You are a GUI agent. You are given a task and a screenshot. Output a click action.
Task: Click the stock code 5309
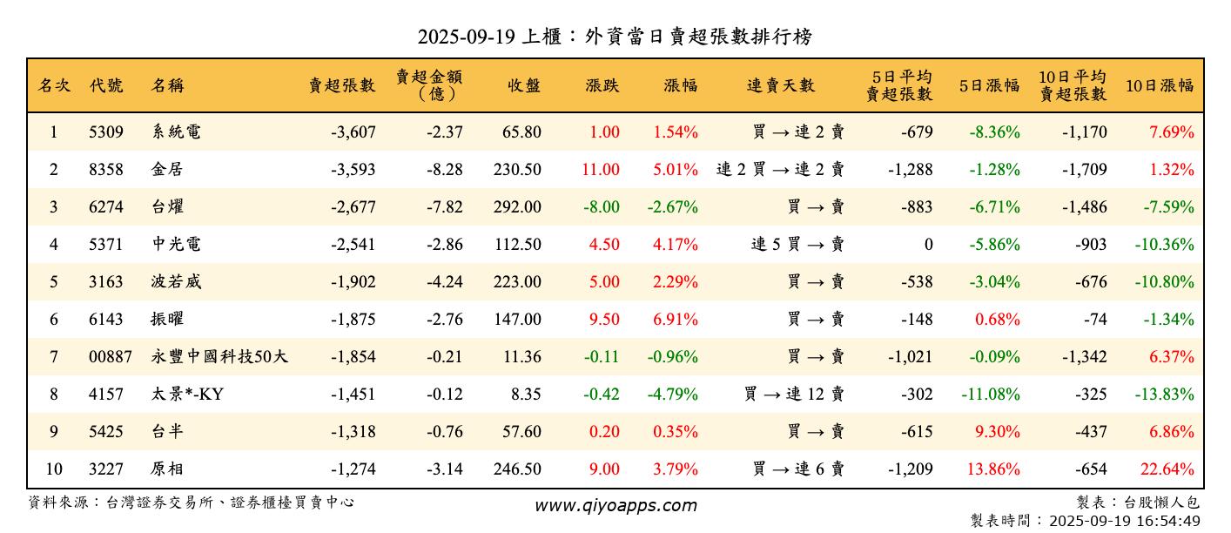[x=106, y=132]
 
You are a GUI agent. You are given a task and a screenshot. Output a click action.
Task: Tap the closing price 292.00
[x=517, y=207]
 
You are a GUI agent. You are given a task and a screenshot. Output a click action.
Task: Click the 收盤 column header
[x=524, y=85]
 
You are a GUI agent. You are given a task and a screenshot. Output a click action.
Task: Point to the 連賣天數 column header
[x=781, y=85]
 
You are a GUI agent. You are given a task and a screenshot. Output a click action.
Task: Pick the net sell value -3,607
[x=353, y=132]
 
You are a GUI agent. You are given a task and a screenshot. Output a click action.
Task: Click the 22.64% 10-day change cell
[x=1167, y=469]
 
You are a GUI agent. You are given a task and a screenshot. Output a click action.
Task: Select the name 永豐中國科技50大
[x=219, y=357]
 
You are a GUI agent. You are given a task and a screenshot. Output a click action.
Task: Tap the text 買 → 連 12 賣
[x=794, y=395]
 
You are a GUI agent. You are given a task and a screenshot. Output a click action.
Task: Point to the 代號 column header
[x=106, y=85]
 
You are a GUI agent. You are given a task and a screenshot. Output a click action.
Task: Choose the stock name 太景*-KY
[x=187, y=395]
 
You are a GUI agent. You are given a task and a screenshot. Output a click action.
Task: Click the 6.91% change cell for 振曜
[x=676, y=320]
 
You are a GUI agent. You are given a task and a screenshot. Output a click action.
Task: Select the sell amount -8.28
[x=445, y=170]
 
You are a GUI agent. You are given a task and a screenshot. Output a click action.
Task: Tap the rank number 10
[x=54, y=469]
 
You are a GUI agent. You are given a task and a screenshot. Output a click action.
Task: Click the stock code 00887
[x=111, y=357]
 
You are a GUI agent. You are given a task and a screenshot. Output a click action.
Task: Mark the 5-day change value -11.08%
[x=990, y=395]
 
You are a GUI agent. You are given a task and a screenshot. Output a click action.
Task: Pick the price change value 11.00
[x=601, y=170]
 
